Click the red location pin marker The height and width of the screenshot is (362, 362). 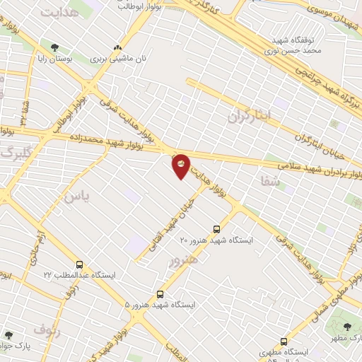[181, 165]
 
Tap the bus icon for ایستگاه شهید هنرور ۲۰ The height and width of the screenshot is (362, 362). [216, 228]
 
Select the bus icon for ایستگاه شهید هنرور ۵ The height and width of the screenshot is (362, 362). [160, 293]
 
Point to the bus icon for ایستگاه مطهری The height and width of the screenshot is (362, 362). [284, 341]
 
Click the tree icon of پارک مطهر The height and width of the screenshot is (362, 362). [348, 326]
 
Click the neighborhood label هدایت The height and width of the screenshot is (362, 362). [58, 13]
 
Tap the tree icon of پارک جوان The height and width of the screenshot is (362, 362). [8, 335]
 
